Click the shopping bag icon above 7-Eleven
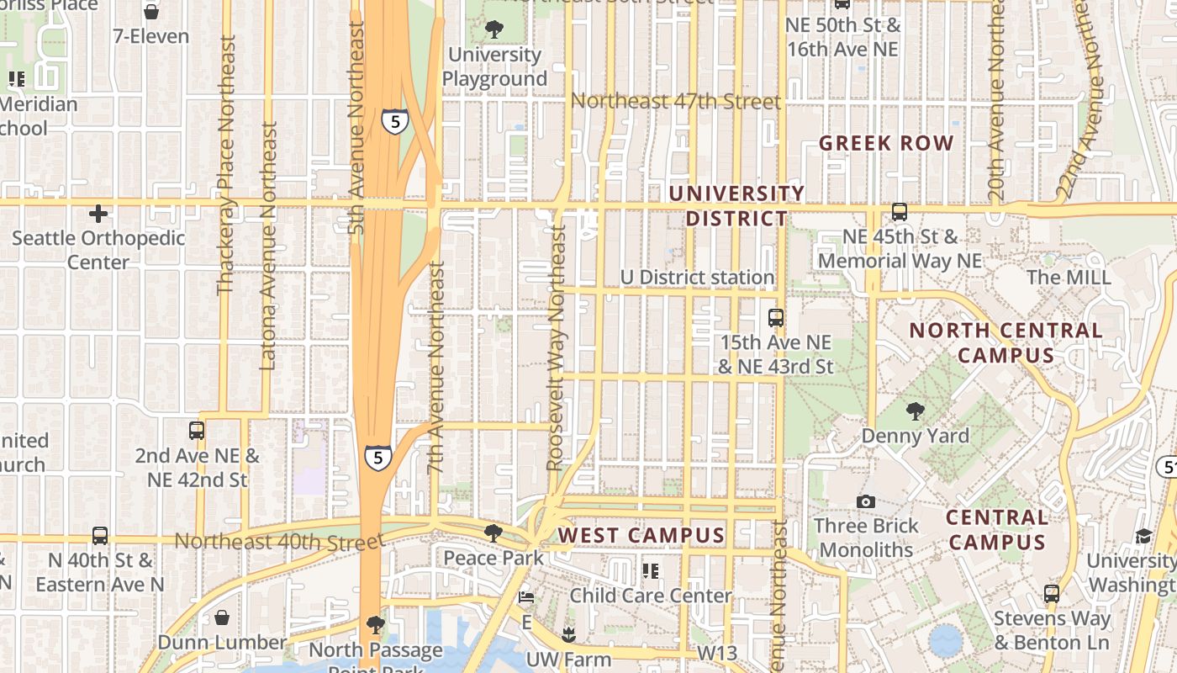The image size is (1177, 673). coord(151,12)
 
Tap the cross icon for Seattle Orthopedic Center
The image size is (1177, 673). coord(98,214)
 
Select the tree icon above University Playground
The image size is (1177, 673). coord(494,29)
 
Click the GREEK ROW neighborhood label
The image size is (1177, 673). coord(886,143)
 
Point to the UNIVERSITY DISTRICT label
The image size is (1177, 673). coord(736,206)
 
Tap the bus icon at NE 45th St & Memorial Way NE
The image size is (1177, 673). coord(900,212)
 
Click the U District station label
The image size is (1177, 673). coord(697,277)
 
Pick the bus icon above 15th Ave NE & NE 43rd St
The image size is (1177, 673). coord(775,318)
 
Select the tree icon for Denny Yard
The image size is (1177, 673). coord(915,411)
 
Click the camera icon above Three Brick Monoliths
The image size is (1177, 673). coord(865,502)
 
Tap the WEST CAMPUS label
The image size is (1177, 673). coord(641,535)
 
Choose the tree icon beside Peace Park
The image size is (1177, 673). coord(493,533)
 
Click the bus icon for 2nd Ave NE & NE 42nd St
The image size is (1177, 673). coord(197,431)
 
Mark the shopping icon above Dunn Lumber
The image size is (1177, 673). coord(222,618)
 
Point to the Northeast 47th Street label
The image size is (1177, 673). coord(675,102)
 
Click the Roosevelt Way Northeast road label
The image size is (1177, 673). coord(556,347)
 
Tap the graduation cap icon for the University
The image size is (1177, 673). coord(1143,537)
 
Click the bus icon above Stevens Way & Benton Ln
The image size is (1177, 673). coord(1051,594)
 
